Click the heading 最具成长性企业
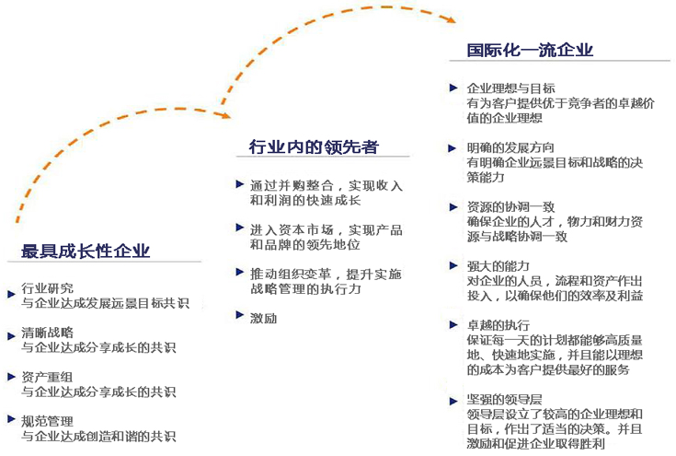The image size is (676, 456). pos(86,251)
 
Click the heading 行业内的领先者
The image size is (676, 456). pos(314,146)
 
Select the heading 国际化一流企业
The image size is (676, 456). pos(530,50)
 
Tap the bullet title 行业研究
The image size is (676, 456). pos(48,288)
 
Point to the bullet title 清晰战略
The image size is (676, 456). pos(48,333)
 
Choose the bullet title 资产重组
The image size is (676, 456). pos(48,377)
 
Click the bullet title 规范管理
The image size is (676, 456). pos(48,421)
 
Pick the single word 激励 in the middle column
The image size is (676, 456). pos(263,318)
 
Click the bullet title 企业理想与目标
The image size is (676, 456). pos(510,88)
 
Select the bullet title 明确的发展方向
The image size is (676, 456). pos(510,147)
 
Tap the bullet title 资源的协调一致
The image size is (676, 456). pos(510,207)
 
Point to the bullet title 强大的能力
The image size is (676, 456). pos(498,266)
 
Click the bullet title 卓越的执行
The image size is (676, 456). pos(498,325)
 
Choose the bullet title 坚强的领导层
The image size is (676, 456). pos(504,400)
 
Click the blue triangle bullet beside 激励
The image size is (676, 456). pos(240,315)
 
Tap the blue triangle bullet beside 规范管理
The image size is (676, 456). pos(12,418)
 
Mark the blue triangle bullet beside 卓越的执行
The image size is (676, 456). pos(453,324)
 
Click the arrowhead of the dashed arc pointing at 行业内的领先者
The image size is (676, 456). pos(225,115)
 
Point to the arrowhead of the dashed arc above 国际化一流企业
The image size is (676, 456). pos(450,19)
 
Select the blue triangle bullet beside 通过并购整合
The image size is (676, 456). pos(240,184)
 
